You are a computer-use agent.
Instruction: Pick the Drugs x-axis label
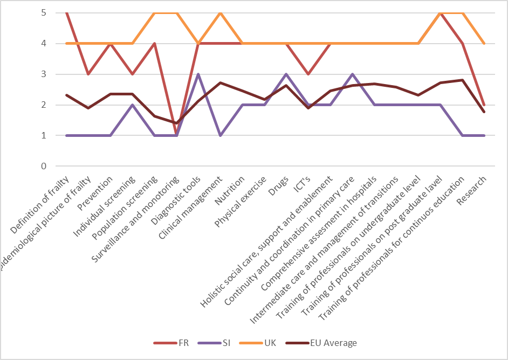[282, 186]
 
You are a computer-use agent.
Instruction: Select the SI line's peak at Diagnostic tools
[198, 74]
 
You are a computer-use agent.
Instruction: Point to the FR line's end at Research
[484, 105]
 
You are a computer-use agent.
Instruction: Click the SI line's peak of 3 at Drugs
[286, 74]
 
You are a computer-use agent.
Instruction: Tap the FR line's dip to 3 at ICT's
[308, 74]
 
